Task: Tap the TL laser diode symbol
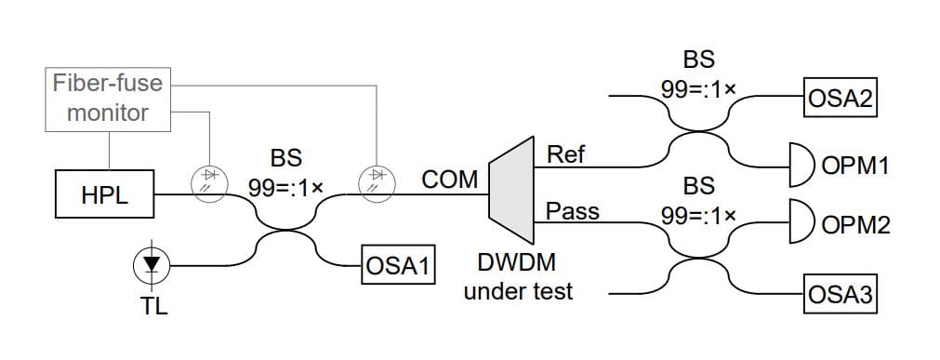coord(152,264)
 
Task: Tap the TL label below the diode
coord(154,305)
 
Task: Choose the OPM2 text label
coord(856,225)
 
